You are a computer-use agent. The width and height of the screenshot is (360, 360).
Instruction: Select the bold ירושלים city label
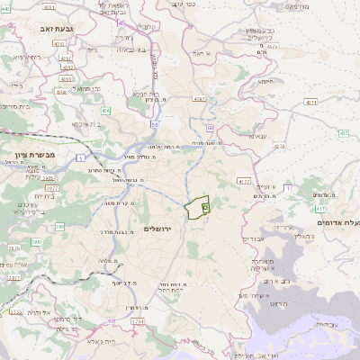(163, 229)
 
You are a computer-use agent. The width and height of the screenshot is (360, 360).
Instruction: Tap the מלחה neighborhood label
(72, 261)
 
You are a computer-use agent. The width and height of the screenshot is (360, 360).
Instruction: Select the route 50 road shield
(155, 124)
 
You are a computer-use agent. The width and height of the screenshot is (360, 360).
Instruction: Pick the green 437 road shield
(344, 133)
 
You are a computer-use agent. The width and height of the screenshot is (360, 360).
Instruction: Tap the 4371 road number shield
(310, 103)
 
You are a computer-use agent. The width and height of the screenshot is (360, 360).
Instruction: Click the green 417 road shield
(320, 209)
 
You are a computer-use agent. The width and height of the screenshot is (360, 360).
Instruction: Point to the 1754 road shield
(137, 321)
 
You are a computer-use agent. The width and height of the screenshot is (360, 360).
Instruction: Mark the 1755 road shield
(16, 311)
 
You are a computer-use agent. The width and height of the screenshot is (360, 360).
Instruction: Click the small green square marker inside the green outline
(205, 208)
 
